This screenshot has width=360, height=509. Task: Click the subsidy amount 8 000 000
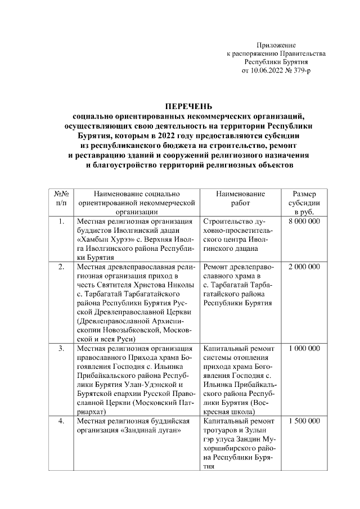(304, 223)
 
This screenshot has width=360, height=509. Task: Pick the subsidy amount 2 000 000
(304, 267)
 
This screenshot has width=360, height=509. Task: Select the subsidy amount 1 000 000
(304, 349)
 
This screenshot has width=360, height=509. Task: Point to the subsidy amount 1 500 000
(304, 421)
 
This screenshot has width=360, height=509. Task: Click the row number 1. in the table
(61, 223)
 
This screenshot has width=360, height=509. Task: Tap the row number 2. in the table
(61, 267)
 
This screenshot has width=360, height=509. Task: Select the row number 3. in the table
(61, 349)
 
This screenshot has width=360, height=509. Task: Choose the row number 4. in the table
(61, 421)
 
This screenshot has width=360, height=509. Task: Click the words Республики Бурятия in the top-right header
(276, 62)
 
